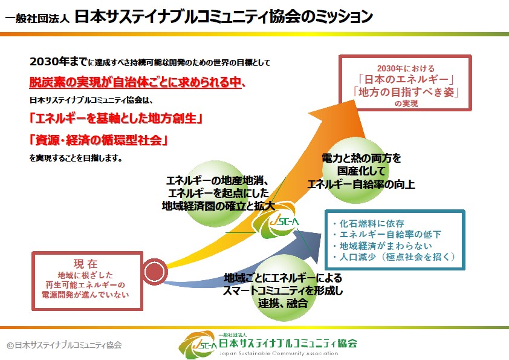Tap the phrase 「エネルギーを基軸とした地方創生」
(x=115, y=118)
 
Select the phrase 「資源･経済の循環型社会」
(x=99, y=140)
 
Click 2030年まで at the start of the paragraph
(x=58, y=62)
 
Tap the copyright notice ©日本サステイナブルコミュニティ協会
(x=65, y=345)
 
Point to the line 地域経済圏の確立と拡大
(x=218, y=206)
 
